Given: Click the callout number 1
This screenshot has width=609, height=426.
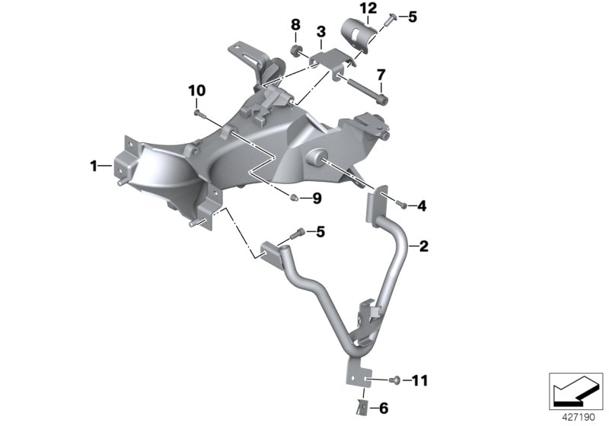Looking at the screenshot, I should [x=93, y=165].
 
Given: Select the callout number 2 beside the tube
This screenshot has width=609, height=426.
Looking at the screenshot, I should [x=424, y=246].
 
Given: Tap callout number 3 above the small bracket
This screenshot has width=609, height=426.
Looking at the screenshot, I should [x=321, y=31].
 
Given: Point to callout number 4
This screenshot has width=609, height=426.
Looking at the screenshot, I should [x=422, y=205].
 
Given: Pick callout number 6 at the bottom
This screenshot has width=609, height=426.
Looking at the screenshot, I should [x=383, y=409].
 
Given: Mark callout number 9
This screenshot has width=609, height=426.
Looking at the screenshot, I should [x=317, y=199].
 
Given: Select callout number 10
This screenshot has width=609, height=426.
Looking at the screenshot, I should [x=197, y=90].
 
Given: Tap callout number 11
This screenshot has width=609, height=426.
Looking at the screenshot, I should [x=422, y=378].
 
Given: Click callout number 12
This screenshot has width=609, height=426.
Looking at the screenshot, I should [x=368, y=8].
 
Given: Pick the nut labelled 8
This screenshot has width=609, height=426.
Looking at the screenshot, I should [x=296, y=51].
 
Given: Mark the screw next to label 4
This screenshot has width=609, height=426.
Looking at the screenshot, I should [x=401, y=205].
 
